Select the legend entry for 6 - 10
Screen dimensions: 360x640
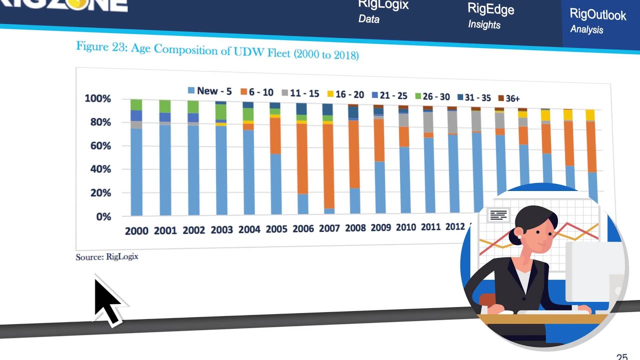(x=257, y=92)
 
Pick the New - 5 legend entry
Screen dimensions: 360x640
(x=209, y=91)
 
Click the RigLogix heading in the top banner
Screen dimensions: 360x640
(x=383, y=5)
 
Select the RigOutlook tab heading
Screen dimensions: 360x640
(x=597, y=15)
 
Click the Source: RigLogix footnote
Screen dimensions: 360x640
(x=107, y=257)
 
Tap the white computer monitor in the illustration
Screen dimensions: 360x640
(x=595, y=270)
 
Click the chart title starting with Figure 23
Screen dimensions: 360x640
(x=217, y=50)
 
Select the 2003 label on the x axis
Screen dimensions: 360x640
(x=221, y=230)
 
